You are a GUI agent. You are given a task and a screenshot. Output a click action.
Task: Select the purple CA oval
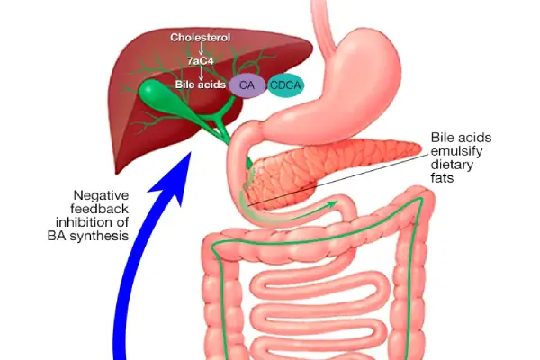(246, 85)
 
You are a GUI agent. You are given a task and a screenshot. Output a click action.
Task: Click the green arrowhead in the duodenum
(336, 203)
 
